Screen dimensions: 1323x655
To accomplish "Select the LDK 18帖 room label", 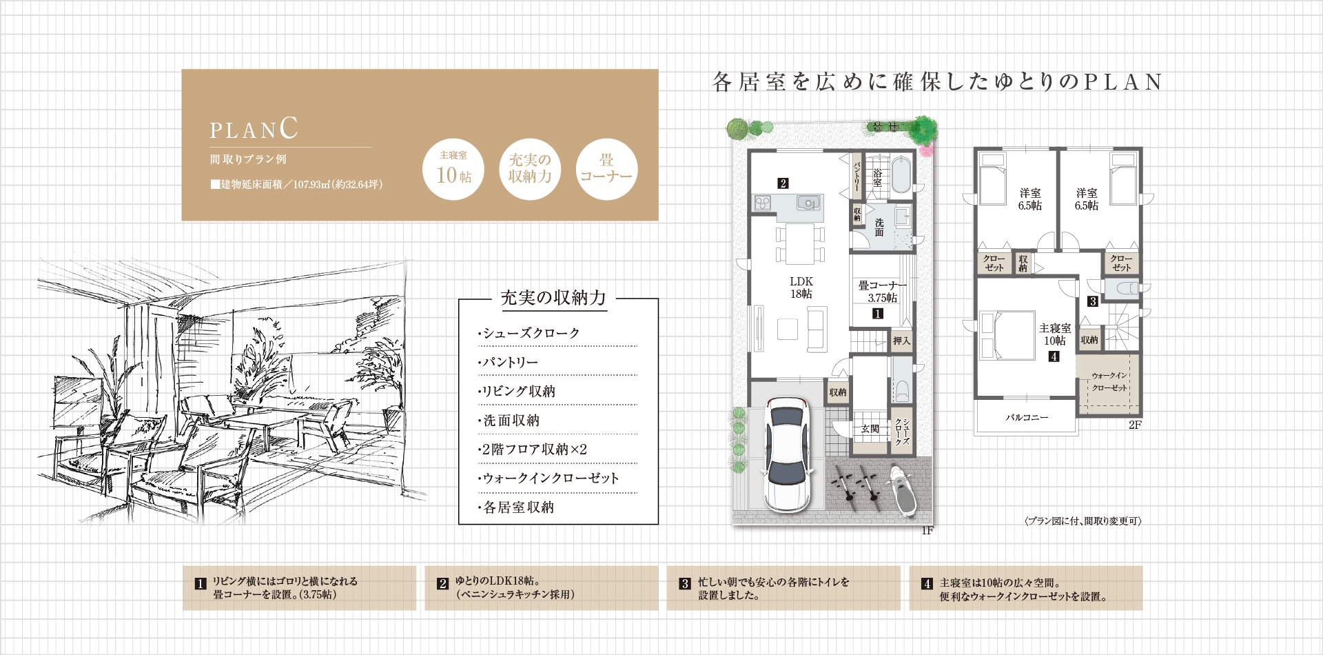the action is (x=801, y=288).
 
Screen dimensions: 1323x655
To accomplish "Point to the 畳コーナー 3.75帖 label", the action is (x=882, y=292).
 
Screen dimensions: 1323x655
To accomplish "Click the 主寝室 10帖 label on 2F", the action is (x=1055, y=334).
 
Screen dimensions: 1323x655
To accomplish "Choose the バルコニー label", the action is (x=1027, y=418).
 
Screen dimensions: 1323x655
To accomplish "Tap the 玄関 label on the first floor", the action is (x=870, y=429).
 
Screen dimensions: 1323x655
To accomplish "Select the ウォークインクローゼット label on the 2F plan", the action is (x=1109, y=382).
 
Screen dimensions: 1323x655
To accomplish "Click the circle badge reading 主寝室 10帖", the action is (x=453, y=170).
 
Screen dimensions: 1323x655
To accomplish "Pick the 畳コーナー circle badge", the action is (x=606, y=170).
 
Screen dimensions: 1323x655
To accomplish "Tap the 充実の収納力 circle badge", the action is (x=530, y=170).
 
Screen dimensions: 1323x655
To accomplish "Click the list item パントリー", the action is (x=509, y=363).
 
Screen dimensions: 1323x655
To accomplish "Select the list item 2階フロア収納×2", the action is (x=533, y=450).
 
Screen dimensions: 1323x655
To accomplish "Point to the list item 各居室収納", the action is (x=516, y=507).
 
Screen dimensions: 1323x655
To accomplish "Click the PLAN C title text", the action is (x=254, y=129).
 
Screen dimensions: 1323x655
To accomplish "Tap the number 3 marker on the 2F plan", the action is (x=1093, y=301).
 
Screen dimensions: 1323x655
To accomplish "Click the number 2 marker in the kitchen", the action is (x=783, y=183).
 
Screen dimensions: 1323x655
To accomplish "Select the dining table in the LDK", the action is (x=800, y=243).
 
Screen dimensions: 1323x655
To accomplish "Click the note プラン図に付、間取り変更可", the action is (x=1083, y=521).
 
